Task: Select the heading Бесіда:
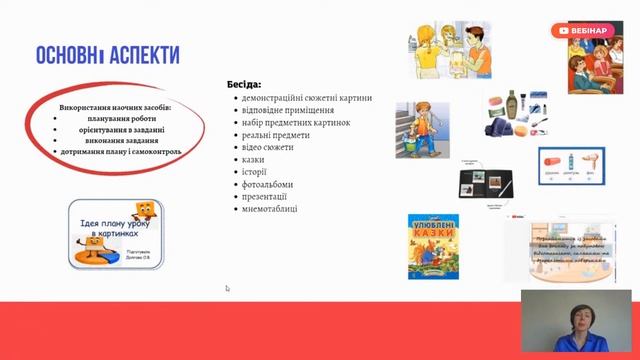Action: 245,85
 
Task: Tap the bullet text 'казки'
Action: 254,159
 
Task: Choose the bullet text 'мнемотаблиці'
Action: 270,209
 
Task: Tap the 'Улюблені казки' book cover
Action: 432,244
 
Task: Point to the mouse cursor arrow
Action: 227,288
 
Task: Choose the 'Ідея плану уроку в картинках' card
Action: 118,233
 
